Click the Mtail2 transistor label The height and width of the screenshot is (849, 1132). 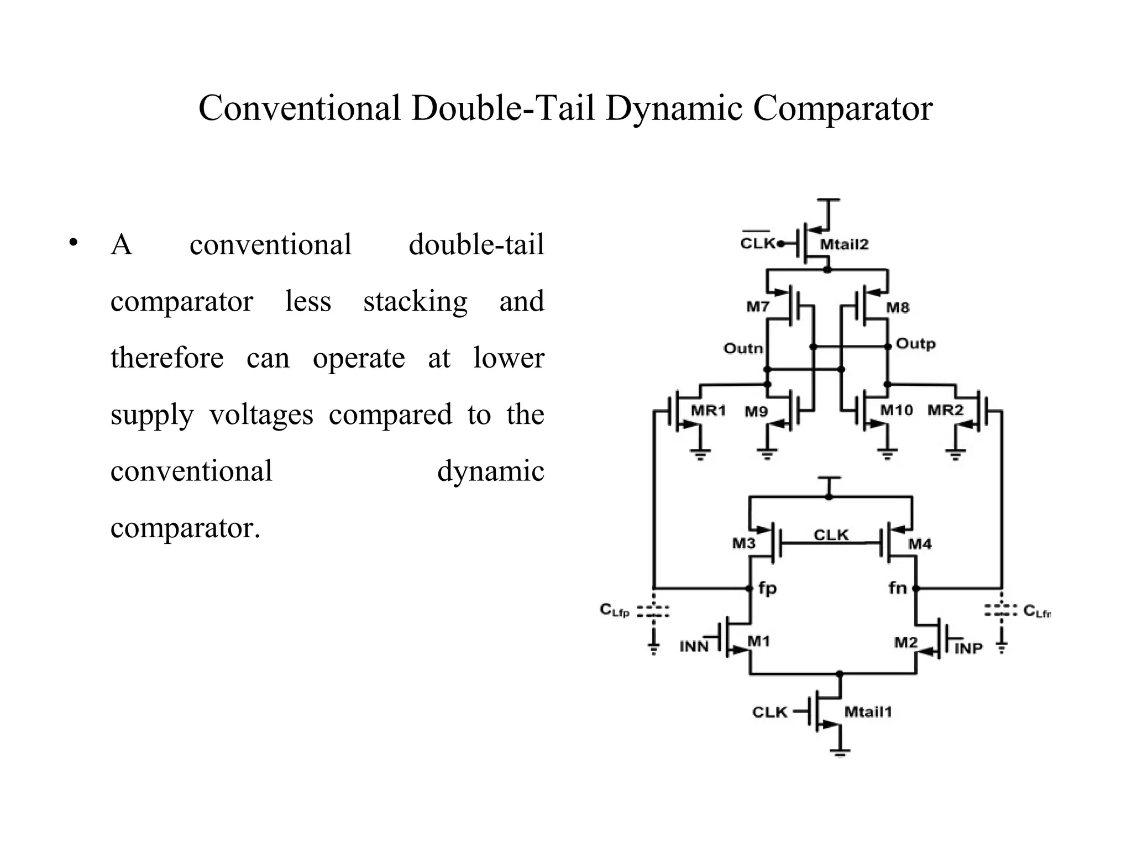(x=843, y=244)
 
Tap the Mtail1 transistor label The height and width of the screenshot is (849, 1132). (x=868, y=712)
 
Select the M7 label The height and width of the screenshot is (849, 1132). (x=758, y=307)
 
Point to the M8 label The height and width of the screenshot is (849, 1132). (x=898, y=307)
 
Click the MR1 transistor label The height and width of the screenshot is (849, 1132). (x=708, y=410)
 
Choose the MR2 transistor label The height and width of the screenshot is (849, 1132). (x=945, y=410)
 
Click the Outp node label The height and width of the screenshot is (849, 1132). (x=915, y=344)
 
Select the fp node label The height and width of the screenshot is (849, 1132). (x=768, y=588)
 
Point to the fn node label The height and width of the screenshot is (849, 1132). (x=898, y=588)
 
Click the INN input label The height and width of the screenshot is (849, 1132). (x=694, y=646)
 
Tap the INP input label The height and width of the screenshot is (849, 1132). (x=968, y=648)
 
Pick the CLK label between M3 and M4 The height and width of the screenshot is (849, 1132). (x=831, y=534)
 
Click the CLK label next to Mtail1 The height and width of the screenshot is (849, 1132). (x=769, y=712)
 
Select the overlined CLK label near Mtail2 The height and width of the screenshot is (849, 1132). (x=757, y=243)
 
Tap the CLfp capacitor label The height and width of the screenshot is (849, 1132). (x=615, y=610)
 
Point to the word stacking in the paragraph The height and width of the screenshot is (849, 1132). (x=415, y=302)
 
